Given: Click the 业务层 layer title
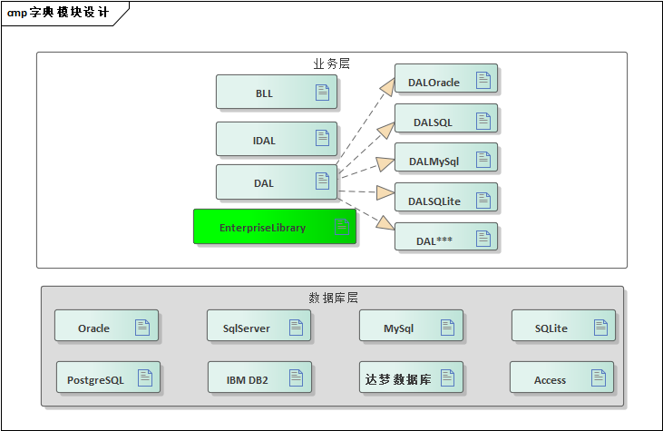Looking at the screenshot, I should (331, 64).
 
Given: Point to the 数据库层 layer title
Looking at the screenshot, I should (333, 298).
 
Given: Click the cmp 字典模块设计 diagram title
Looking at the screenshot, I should (58, 13).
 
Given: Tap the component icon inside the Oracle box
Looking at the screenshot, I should (142, 327).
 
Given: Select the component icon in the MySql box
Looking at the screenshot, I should (447, 327).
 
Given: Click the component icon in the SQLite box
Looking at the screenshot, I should (600, 327).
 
